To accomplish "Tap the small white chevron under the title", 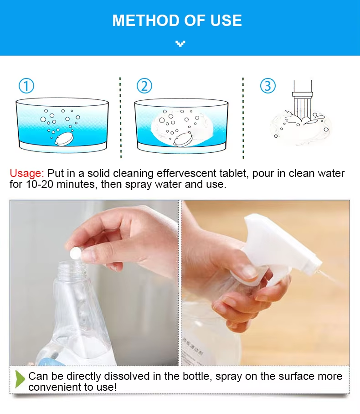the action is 180,44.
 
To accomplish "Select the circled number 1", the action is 26,86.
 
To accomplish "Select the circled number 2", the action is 144,86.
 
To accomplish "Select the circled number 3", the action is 268,86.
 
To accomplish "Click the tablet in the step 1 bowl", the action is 64,139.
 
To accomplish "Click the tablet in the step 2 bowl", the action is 183,139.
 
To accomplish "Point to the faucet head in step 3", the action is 303,94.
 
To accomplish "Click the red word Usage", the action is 26,173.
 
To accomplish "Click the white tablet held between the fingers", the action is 75,253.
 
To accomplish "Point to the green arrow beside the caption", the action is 20,379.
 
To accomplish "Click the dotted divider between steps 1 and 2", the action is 120,118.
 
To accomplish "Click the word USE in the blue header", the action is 226,21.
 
